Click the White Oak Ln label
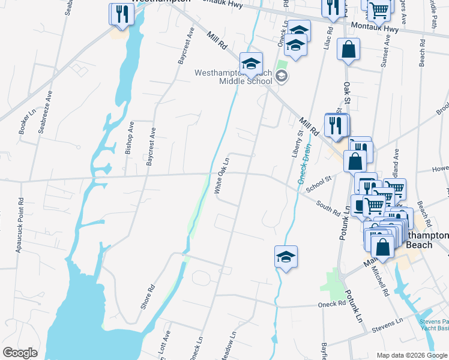click(222, 176)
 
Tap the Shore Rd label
click(148, 296)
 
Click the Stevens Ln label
click(387, 324)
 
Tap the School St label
click(319, 184)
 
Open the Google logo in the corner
click(20, 353)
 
